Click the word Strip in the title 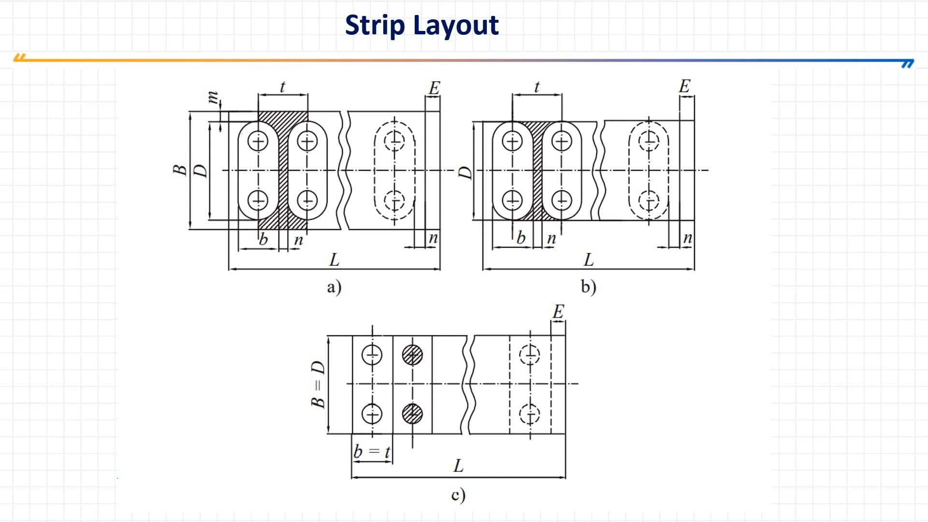[375, 25]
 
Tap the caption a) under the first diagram [334, 287]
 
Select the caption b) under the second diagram [588, 287]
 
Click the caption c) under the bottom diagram [458, 495]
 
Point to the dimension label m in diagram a [212, 98]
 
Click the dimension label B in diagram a [180, 170]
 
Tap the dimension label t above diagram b [536, 87]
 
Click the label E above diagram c [558, 312]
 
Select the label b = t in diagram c [372, 451]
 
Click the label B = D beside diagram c [318, 384]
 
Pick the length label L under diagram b [588, 260]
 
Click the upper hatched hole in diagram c [412, 355]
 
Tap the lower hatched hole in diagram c [412, 414]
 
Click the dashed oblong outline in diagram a [395, 171]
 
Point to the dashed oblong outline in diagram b [649, 171]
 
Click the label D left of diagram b [464, 173]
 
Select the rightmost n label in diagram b [687, 238]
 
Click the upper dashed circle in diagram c [530, 355]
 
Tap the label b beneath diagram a [263, 239]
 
